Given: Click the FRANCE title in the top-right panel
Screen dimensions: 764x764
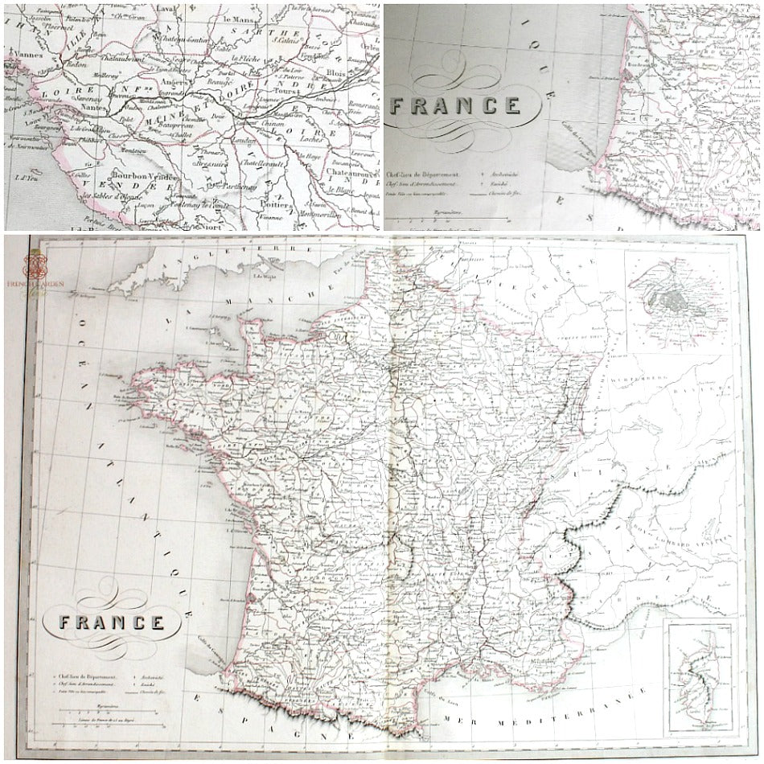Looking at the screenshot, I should tap(455, 105).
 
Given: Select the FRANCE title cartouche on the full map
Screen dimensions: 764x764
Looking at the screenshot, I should tap(112, 622).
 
